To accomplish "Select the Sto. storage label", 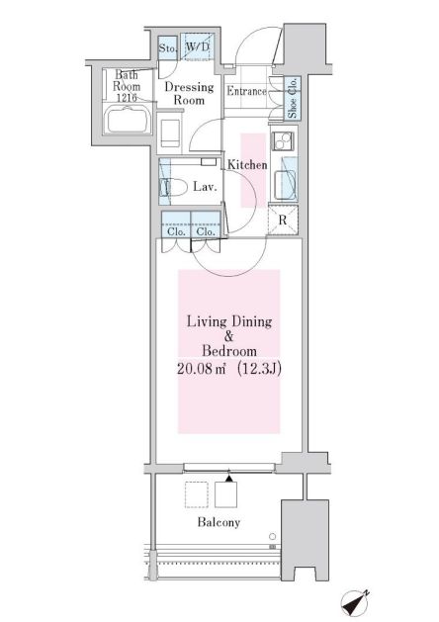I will pyautogui.click(x=168, y=47).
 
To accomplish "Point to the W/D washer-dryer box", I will pyautogui.click(x=196, y=47).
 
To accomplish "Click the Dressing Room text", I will pyautogui.click(x=188, y=94).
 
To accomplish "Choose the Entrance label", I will pyautogui.click(x=246, y=92).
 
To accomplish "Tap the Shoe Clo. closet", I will pyautogui.click(x=293, y=99).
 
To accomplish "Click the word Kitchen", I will pyautogui.click(x=247, y=165).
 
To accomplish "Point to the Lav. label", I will pyautogui.click(x=206, y=186).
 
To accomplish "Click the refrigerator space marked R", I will pyautogui.click(x=285, y=221).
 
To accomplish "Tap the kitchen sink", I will pyautogui.click(x=284, y=184).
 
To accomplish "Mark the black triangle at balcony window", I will pyautogui.click(x=229, y=480).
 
